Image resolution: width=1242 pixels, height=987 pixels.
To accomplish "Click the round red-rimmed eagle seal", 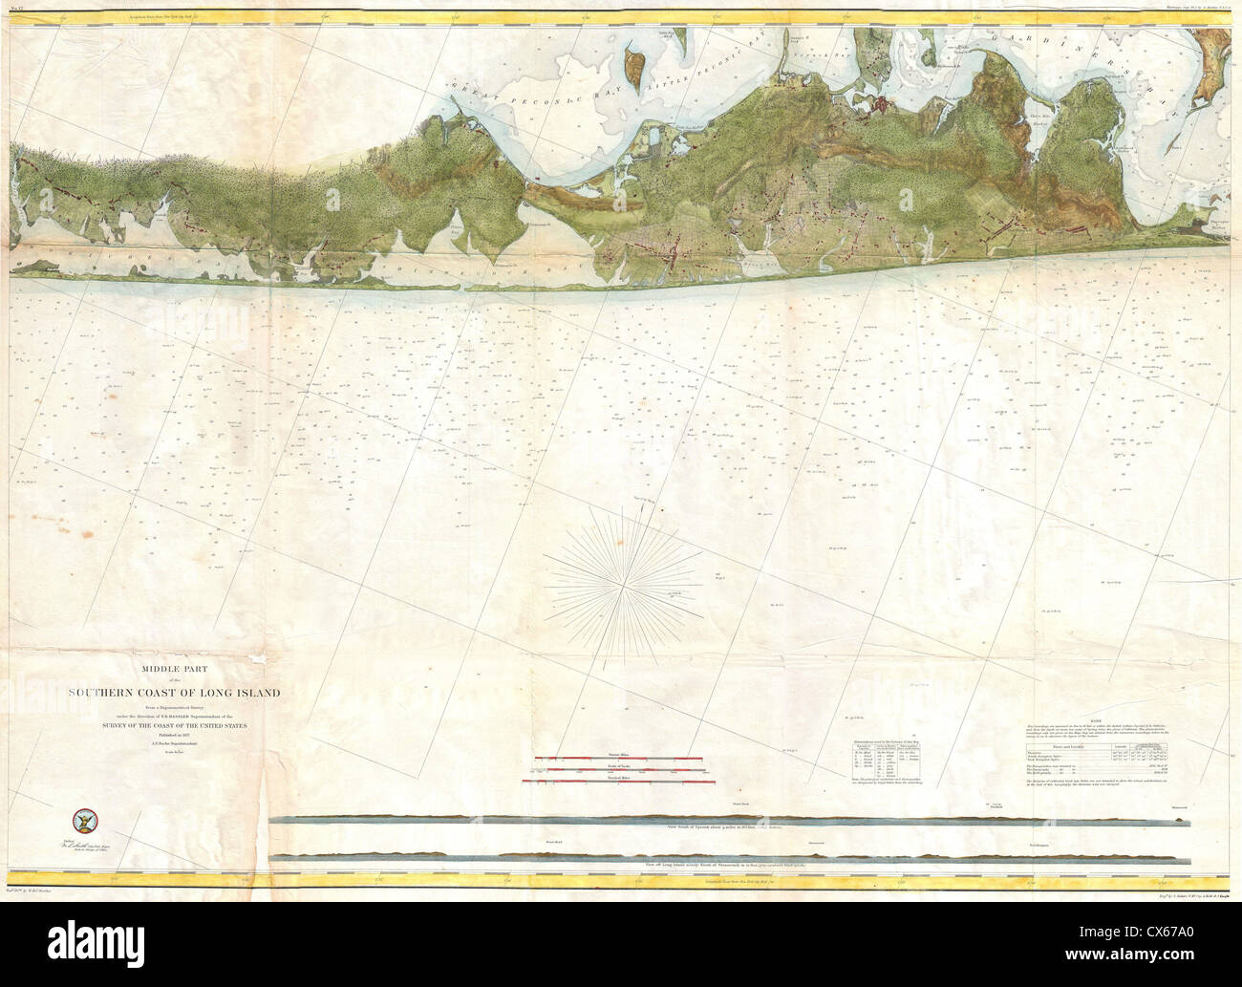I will click(84, 820).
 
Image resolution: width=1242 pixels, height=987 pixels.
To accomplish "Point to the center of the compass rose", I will click(623, 578).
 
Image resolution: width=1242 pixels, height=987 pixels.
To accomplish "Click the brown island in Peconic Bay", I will click(632, 67).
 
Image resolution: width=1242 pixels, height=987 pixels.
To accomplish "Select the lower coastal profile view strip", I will click(726, 855).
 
